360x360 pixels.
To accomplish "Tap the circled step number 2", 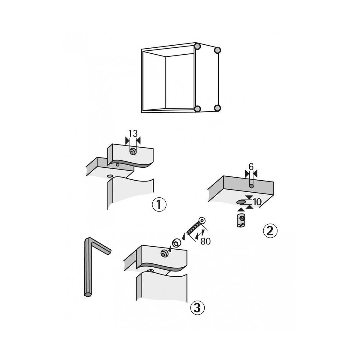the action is pos(270,231).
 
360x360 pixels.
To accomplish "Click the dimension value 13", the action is pos(133,134).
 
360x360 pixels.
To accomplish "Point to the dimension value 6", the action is pos(251,167).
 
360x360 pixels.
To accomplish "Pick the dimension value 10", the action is pos(257,202).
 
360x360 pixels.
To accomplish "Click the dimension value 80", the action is pos(206,241).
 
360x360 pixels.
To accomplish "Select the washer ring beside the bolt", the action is pos(176,243).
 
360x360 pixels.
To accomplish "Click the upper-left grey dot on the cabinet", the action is pos(197,46).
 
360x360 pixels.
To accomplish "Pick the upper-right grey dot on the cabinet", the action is pos(217,50).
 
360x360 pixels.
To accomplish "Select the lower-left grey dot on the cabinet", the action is pos(197,109).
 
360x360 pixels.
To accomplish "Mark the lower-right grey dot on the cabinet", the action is pos(217,108).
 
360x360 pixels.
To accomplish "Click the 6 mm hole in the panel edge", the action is pos(251,186).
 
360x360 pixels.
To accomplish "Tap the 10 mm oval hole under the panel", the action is pos(241,202).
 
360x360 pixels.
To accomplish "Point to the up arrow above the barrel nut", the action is pos(240,210).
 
